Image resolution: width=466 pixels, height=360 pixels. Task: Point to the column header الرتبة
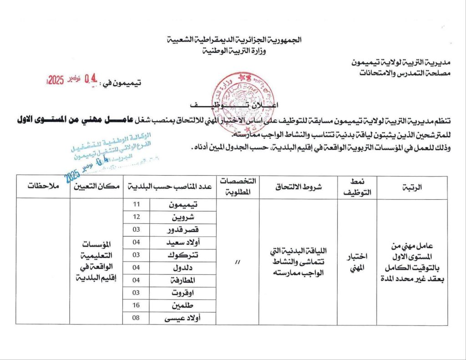[413, 187]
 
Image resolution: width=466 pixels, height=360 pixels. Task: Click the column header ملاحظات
[42, 187]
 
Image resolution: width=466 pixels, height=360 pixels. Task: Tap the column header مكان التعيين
[96, 187]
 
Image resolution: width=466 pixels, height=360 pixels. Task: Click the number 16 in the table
[136, 306]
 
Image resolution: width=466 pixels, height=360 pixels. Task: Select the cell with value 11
[136, 204]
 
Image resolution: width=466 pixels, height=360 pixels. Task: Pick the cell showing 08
[136, 318]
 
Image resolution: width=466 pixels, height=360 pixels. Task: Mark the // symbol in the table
[238, 261]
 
